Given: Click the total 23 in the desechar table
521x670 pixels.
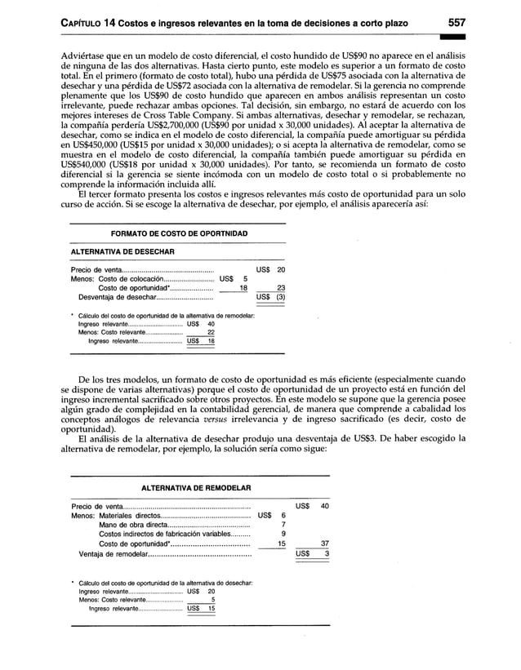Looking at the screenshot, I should pos(280,287).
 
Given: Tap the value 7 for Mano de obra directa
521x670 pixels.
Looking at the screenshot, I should pos(283,525).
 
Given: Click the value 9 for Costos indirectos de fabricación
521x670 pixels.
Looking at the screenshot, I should pos(283,535).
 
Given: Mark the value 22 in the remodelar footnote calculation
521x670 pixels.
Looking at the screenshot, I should pos(210,332).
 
